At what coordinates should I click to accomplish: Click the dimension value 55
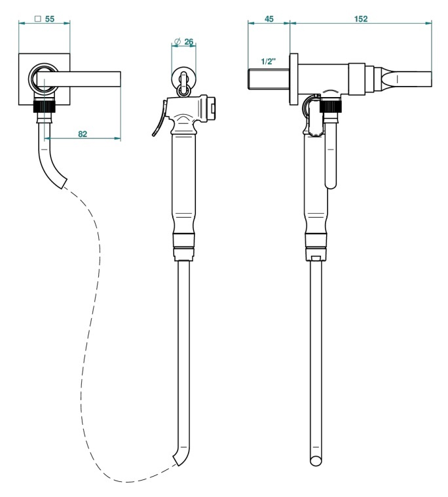(x=49, y=19)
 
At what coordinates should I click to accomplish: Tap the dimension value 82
(x=83, y=134)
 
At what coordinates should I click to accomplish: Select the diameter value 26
(x=189, y=41)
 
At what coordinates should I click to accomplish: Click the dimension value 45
(x=269, y=19)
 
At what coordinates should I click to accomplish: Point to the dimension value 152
(x=361, y=19)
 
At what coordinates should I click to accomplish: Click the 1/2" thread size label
(x=269, y=61)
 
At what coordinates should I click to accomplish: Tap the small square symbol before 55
(x=38, y=19)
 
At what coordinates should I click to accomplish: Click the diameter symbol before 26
(x=177, y=41)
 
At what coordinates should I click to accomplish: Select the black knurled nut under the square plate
(x=45, y=105)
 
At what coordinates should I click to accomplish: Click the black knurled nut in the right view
(x=331, y=105)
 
